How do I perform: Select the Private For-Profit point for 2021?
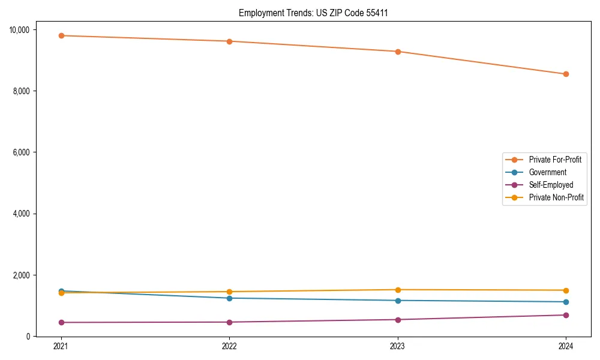pos(61,35)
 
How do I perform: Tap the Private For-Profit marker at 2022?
pos(229,41)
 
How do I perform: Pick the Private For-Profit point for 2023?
pos(398,52)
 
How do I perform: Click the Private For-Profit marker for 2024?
pos(566,74)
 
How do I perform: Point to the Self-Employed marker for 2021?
pos(61,322)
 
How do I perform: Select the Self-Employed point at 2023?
pos(398,319)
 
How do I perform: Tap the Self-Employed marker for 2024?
pos(566,315)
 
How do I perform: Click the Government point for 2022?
pos(229,298)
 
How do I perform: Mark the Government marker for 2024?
pos(566,302)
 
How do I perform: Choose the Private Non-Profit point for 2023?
pos(398,290)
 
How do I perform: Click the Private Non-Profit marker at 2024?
pos(566,290)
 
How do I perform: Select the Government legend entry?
pos(547,172)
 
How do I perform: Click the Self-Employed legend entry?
pos(551,185)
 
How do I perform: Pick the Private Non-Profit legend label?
pos(556,197)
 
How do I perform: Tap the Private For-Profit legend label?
pos(555,160)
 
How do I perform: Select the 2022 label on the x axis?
pos(229,346)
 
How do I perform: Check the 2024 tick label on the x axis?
pos(566,346)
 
